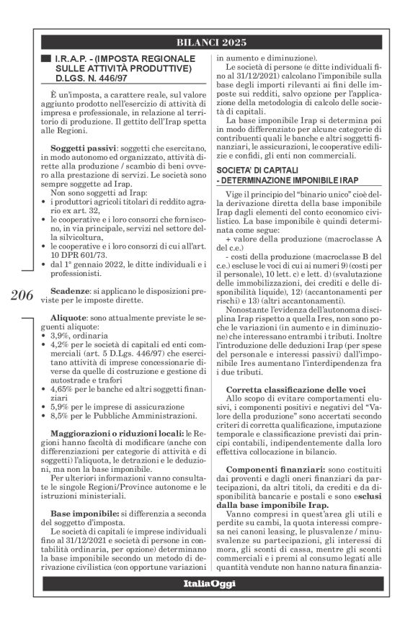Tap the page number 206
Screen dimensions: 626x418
[x=23, y=295]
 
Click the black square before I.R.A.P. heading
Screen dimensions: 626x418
[x=47, y=58]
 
